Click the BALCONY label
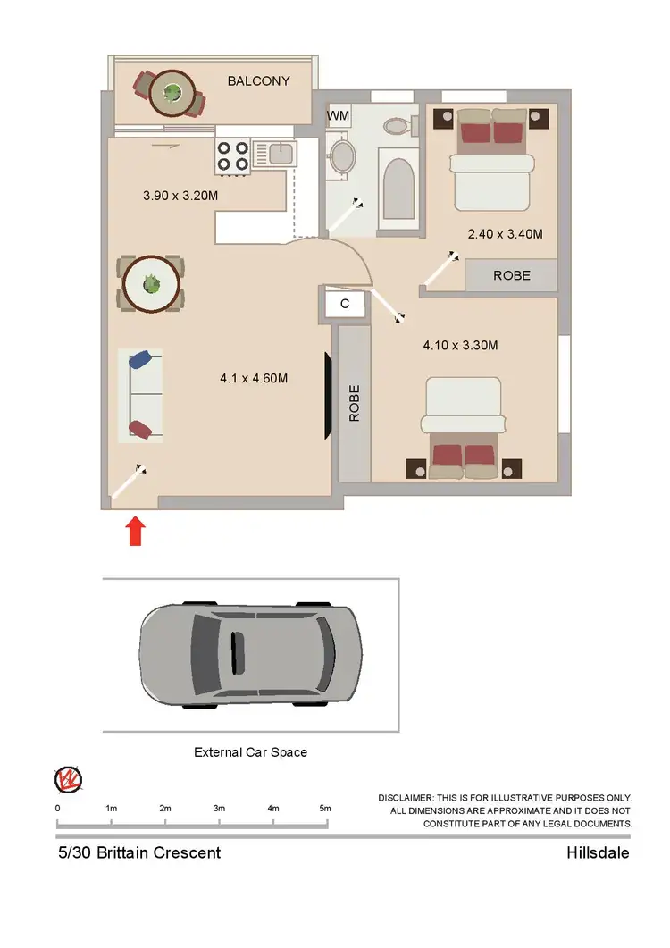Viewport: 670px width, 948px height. coord(258,81)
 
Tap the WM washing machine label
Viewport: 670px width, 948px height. coord(338,116)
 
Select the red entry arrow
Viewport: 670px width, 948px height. coord(134,531)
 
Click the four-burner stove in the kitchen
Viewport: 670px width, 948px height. coord(232,157)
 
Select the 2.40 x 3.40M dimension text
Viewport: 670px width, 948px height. coord(505,234)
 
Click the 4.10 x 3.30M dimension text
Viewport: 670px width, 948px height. coord(459,345)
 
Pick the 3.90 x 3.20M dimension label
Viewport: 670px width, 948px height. coord(180,194)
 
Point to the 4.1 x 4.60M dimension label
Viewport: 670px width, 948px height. coord(254,378)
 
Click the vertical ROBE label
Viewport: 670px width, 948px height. coord(354,403)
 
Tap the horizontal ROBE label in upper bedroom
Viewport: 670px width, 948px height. coord(511,275)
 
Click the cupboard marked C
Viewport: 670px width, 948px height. coord(345,304)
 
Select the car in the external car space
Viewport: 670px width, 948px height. coord(251,651)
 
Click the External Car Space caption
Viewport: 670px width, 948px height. coord(250,752)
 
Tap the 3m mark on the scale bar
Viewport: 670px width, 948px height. coord(219,808)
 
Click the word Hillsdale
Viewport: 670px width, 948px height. coord(598,852)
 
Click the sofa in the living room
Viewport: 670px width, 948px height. coord(141,395)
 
